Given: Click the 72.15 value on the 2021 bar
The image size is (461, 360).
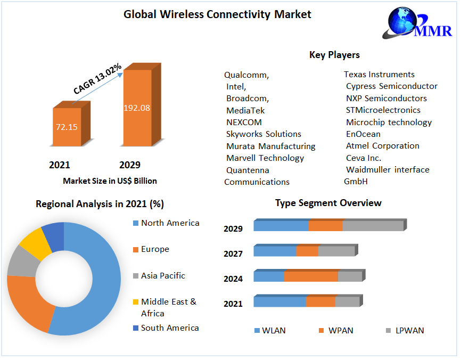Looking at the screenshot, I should [x=67, y=127].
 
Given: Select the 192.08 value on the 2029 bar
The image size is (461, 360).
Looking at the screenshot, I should [x=137, y=108].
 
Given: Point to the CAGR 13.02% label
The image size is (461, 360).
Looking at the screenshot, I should [x=97, y=79].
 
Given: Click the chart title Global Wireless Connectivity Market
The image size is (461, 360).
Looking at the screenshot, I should [x=217, y=14].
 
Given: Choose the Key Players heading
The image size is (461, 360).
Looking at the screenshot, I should [x=334, y=55].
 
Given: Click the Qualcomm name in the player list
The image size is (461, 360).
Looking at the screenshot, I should [x=246, y=75].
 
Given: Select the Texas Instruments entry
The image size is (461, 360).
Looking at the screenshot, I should [x=379, y=75].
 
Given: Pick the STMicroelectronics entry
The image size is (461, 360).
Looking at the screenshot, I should [x=383, y=110].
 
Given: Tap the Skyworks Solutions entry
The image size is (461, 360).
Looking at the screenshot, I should [x=264, y=134].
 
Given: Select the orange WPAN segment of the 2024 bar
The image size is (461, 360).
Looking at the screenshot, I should [x=311, y=276].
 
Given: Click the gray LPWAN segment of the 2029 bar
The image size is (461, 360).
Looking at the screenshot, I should [x=373, y=226].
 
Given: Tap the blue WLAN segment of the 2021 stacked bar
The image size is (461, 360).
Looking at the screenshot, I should [x=279, y=302].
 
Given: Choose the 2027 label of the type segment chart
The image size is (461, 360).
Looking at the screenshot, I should [x=233, y=254].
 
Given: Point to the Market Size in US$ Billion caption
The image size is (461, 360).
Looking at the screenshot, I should [x=110, y=181].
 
